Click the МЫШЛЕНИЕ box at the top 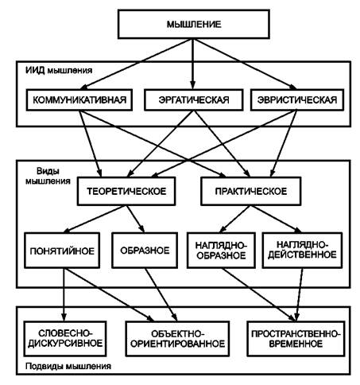(x=194, y=24)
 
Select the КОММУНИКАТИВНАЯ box (x=79, y=99)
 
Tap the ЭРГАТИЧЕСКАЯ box (x=194, y=99)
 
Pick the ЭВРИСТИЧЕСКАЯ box (x=297, y=99)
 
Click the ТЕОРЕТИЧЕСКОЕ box (x=126, y=191)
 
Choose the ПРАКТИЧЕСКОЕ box (x=251, y=191)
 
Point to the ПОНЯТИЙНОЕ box (x=62, y=251)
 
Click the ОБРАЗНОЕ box (x=145, y=251)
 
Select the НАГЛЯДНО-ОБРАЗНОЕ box (x=221, y=251)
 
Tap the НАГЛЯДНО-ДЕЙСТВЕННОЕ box (x=302, y=251)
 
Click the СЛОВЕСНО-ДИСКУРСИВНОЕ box (x=65, y=339)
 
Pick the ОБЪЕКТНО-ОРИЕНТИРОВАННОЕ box (x=177, y=339)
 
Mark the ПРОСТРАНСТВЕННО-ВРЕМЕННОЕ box (x=296, y=339)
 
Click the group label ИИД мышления (x=59, y=70)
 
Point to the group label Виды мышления (x=48, y=176)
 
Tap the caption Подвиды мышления (x=68, y=366)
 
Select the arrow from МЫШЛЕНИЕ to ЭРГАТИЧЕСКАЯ (x=193, y=64)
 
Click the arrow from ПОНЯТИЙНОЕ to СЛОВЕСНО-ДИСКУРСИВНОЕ (x=64, y=294)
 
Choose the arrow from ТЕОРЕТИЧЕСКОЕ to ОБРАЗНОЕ (x=135, y=219)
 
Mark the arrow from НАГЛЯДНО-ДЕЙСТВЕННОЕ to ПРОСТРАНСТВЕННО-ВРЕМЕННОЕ (x=300, y=294)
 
